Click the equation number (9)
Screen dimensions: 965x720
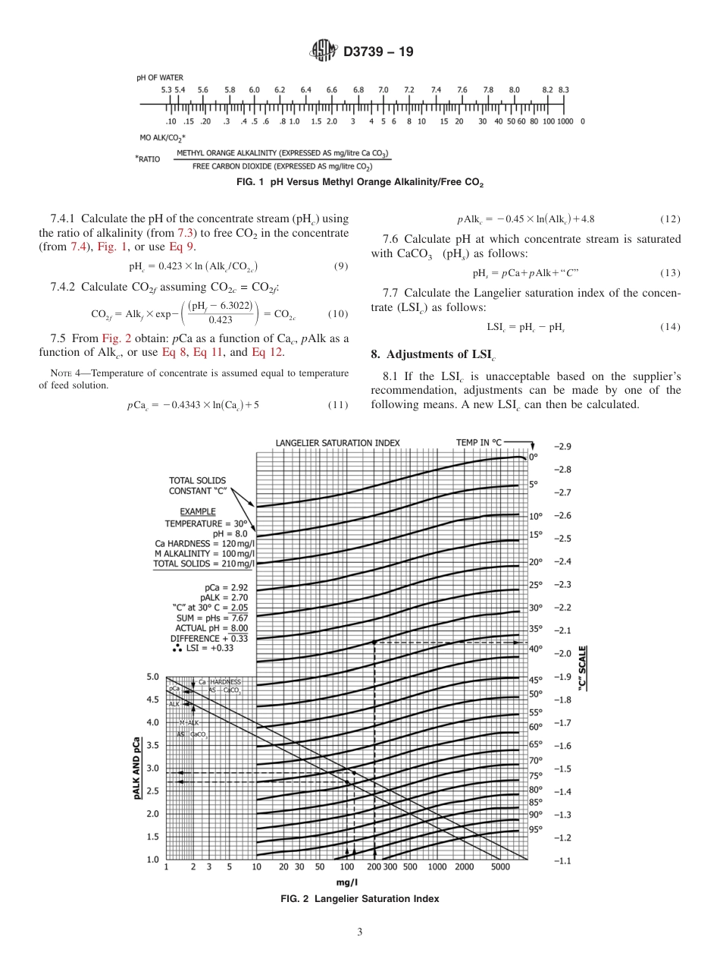click(x=341, y=266)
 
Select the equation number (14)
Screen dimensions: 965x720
click(x=670, y=327)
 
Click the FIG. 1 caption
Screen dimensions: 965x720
click(x=360, y=183)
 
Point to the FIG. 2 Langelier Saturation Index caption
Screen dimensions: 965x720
click(x=360, y=898)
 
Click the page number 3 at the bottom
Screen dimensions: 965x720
click(x=360, y=932)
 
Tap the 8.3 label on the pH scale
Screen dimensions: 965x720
click(x=564, y=90)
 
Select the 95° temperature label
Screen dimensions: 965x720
click(x=536, y=829)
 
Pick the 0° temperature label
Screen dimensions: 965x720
click(x=533, y=457)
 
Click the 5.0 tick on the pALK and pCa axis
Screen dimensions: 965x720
click(x=152, y=676)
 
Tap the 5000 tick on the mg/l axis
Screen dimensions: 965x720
click(x=500, y=866)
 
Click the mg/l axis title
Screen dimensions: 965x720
click(x=348, y=882)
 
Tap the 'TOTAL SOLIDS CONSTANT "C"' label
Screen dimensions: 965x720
click(x=197, y=485)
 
